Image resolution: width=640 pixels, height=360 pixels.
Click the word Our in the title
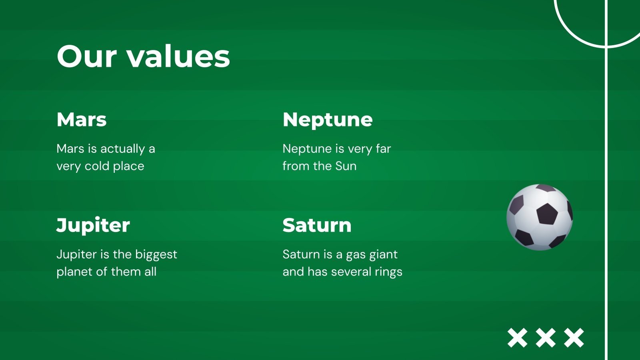87,56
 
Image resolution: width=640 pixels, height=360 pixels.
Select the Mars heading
82,120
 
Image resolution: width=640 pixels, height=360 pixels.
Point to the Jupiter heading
93,226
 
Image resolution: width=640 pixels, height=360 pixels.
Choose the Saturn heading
317,226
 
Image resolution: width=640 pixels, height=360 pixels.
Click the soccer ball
540,217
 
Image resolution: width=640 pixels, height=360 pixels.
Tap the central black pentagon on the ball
547,214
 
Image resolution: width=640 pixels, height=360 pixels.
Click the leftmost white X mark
518,338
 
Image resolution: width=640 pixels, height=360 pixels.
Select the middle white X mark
546,338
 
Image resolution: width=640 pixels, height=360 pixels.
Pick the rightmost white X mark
574,338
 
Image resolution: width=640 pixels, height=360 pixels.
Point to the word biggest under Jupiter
156,254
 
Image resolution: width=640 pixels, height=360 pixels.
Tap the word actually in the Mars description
122,149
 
